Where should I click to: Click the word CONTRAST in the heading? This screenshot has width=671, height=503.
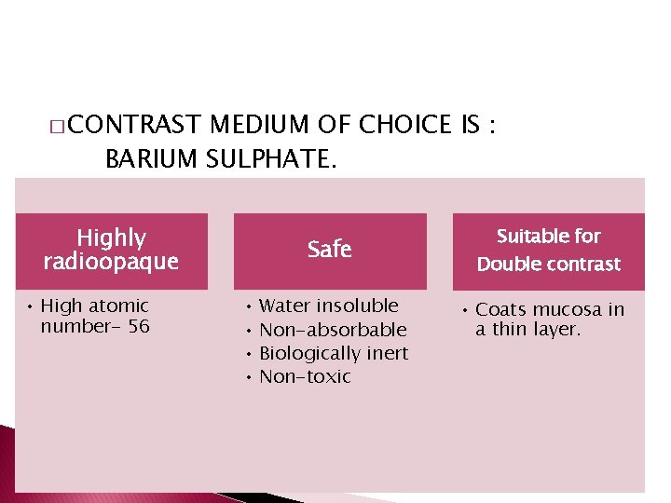pyautogui.click(x=134, y=125)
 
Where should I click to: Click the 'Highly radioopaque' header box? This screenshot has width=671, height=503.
pyautogui.click(x=111, y=250)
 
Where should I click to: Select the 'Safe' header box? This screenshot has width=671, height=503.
pyautogui.click(x=330, y=250)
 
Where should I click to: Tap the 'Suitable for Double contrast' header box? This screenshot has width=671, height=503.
pyautogui.click(x=548, y=250)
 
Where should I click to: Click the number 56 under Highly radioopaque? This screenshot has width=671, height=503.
pyautogui.click(x=139, y=327)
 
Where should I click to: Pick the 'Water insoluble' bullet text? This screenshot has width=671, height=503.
pyautogui.click(x=328, y=306)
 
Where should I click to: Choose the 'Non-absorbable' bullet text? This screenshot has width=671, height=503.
pyautogui.click(x=333, y=330)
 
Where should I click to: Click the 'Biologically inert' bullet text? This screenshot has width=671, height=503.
pyautogui.click(x=334, y=353)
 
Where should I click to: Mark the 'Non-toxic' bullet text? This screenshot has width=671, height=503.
pyautogui.click(x=305, y=376)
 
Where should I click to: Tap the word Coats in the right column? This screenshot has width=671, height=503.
pyautogui.click(x=500, y=309)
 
